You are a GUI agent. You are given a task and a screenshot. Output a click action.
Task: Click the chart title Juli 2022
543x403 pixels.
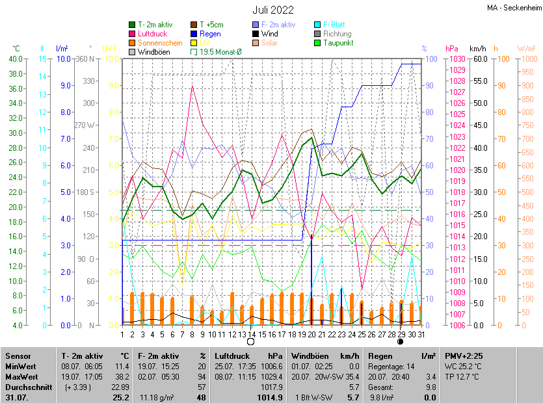click(x=273, y=10)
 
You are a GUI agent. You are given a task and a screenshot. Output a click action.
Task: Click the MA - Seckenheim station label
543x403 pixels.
click(x=514, y=8)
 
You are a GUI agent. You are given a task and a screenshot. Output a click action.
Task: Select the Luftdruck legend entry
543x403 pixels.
click(x=153, y=34)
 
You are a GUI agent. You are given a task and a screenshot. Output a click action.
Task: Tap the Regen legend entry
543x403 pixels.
click(x=209, y=34)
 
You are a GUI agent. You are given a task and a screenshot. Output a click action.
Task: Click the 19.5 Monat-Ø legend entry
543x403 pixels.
click(x=217, y=51)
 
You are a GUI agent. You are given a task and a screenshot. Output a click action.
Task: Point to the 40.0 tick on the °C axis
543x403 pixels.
click(x=15, y=59)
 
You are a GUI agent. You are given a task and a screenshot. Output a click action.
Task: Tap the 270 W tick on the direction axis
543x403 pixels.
click(x=85, y=125)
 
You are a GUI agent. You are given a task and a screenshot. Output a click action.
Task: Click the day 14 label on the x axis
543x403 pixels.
click(x=252, y=334)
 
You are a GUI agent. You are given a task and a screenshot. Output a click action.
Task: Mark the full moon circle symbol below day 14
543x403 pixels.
click(x=252, y=341)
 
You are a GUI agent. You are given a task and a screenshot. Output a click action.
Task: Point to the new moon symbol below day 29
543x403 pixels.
click(x=401, y=341)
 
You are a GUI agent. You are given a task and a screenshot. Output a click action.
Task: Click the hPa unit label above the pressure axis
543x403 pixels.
click(x=451, y=49)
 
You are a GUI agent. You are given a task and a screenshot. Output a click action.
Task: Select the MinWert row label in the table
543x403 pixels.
click(x=21, y=366)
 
